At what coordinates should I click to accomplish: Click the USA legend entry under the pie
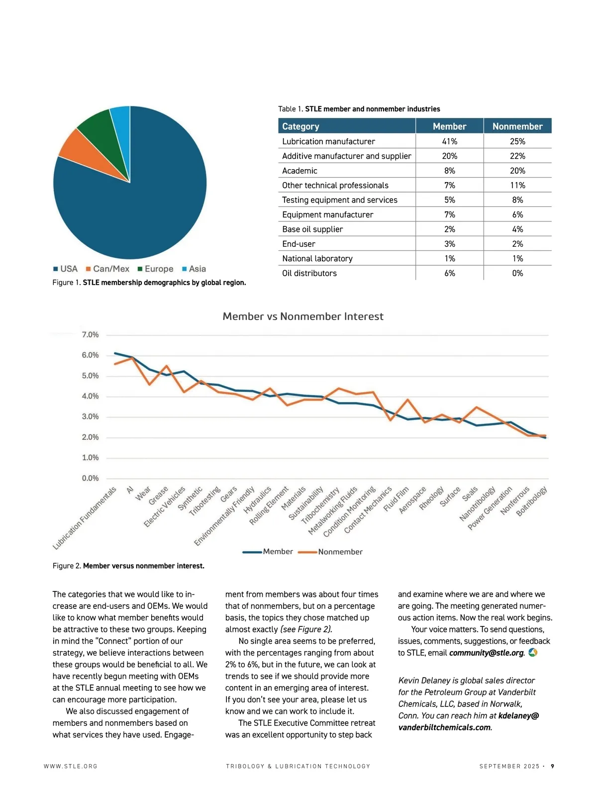coord(65,269)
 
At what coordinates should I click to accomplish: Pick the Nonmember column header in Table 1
coord(517,126)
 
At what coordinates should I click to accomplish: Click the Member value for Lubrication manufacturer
coord(449,141)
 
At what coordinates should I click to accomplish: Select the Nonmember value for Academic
coord(517,171)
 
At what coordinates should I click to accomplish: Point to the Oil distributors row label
coord(309,273)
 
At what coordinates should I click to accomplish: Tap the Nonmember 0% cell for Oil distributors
coord(517,273)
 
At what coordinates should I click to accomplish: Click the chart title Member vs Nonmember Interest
coord(303,316)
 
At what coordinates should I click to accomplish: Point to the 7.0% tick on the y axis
coord(90,335)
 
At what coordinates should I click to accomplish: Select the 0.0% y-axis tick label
coord(90,478)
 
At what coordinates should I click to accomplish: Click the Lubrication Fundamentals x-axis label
coord(85,518)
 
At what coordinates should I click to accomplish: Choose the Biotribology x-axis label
coord(532,501)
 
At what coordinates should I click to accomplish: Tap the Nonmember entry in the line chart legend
coord(340,552)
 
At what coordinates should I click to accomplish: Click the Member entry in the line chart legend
coord(277,552)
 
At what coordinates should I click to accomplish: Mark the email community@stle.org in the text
coord(486,653)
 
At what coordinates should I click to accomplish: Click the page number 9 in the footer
coord(552,766)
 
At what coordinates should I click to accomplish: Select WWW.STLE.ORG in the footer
coord(71,766)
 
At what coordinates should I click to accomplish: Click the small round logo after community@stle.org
coord(533,652)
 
